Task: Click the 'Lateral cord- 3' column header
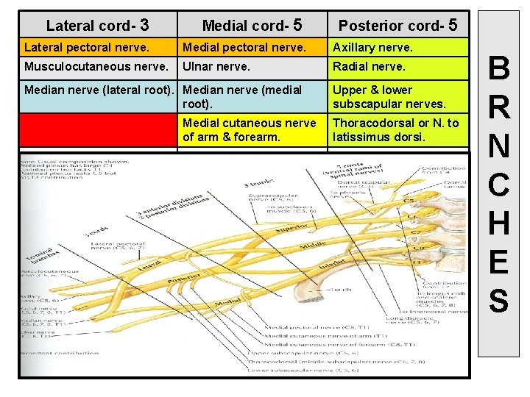click(x=97, y=25)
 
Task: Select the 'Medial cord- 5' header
click(x=251, y=25)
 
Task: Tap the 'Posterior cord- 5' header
click(x=397, y=25)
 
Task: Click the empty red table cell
click(x=98, y=129)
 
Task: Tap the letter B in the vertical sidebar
click(x=498, y=70)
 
